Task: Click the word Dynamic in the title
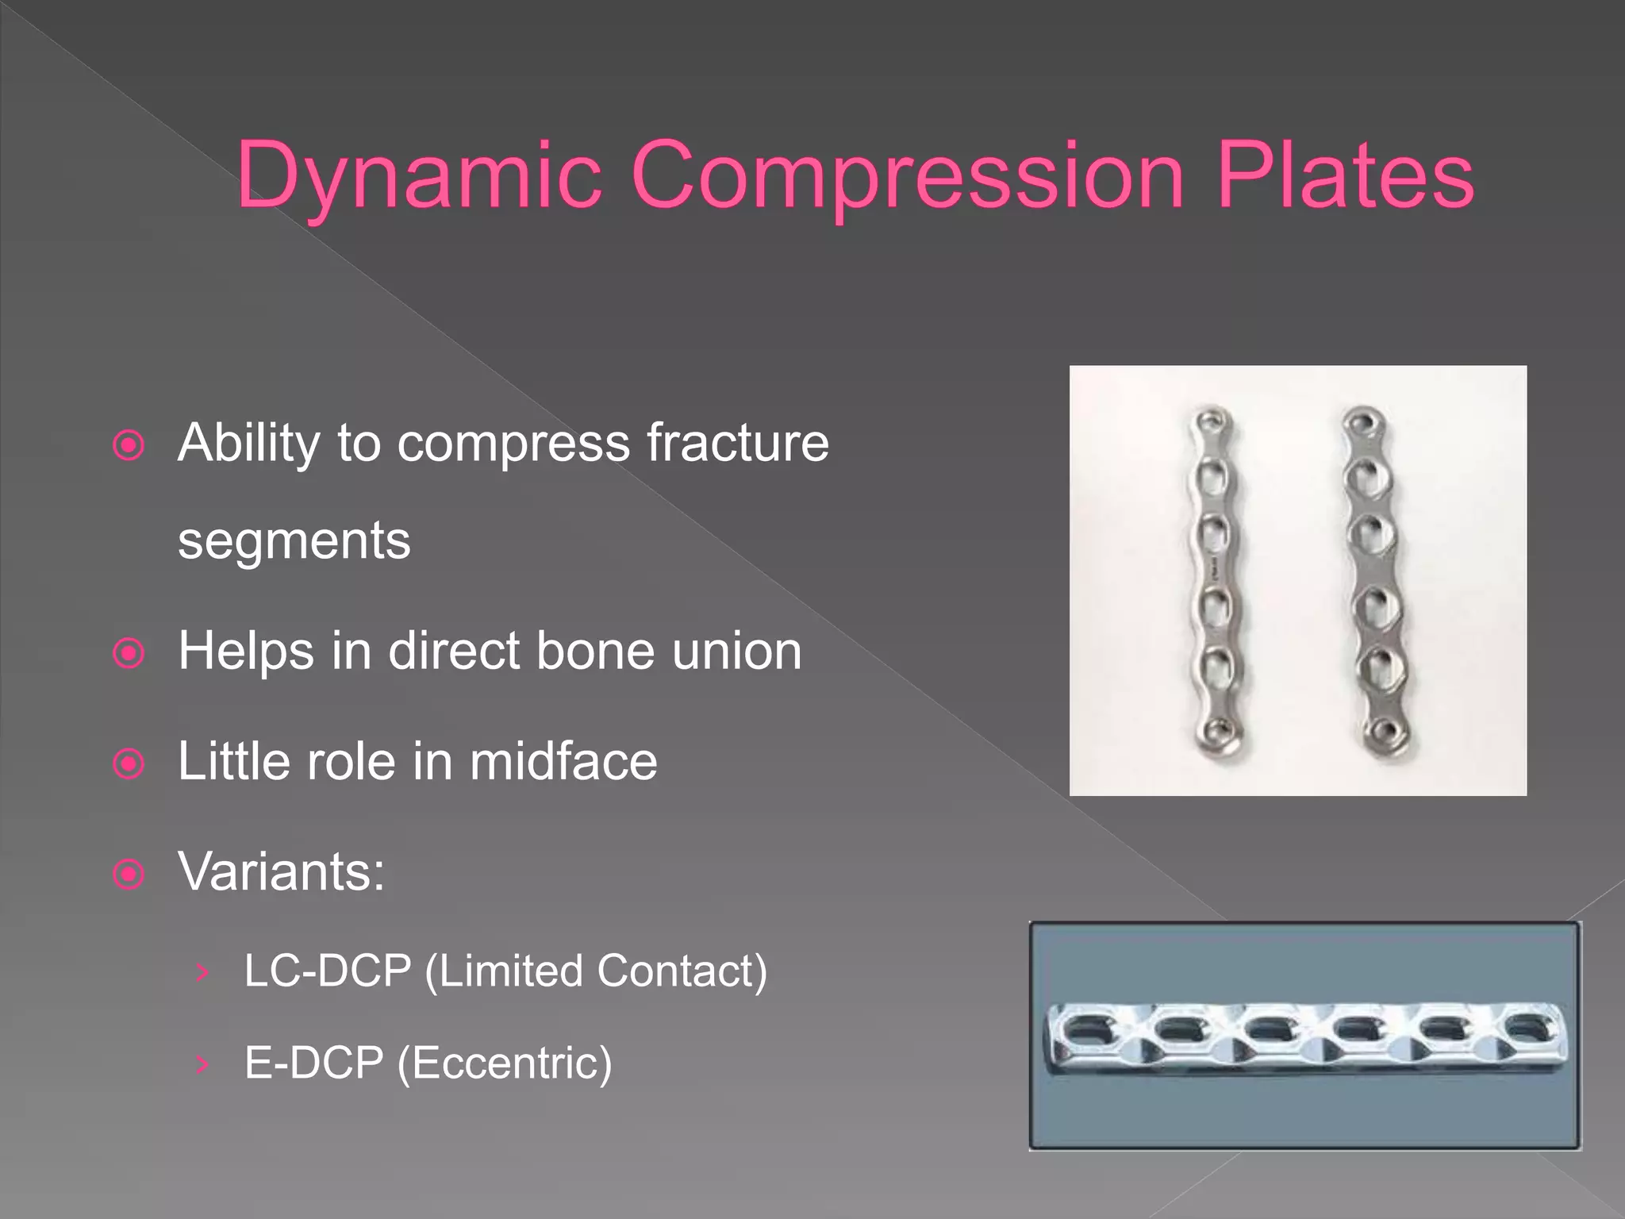click(418, 176)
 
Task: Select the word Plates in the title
click(1345, 176)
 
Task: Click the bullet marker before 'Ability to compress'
click(129, 445)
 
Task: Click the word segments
click(294, 540)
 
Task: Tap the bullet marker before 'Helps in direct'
click(129, 654)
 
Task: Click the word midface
click(563, 761)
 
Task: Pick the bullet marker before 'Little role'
click(129, 764)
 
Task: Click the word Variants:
click(282, 871)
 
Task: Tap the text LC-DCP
click(328, 971)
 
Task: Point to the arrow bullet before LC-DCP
click(203, 972)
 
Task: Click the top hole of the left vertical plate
click(1212, 418)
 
